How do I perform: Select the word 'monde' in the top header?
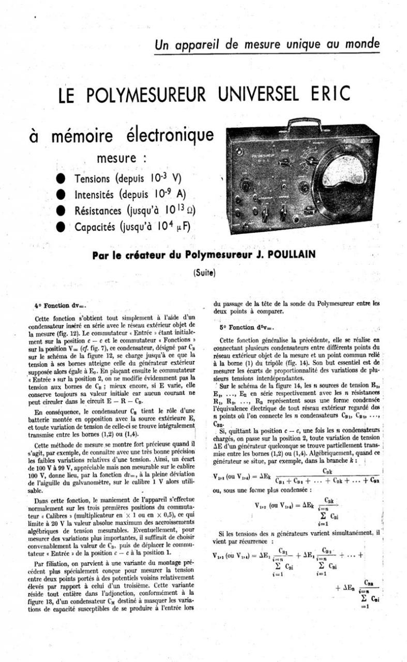361,44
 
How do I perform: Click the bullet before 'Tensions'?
61,178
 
